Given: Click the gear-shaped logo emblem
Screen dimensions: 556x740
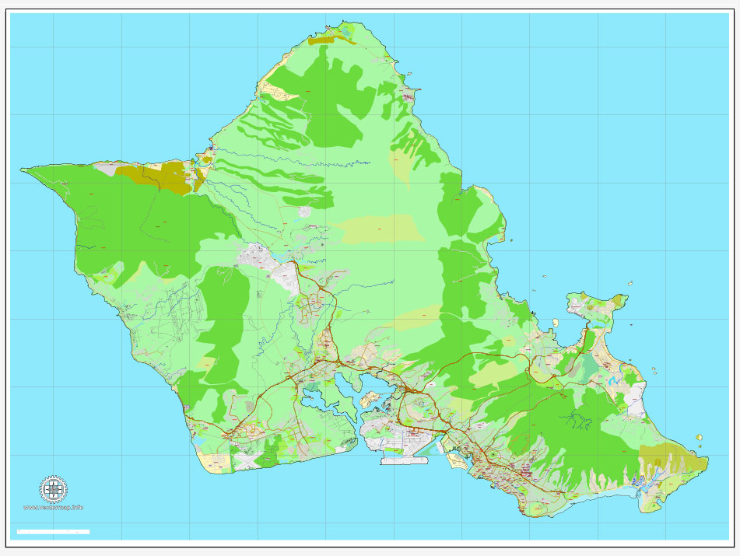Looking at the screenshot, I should (x=53, y=490).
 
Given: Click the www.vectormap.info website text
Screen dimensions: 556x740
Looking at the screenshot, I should (x=53, y=508).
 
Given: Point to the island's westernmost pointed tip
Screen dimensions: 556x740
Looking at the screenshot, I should (x=23, y=169).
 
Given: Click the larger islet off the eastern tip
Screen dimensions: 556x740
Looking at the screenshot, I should (x=700, y=439).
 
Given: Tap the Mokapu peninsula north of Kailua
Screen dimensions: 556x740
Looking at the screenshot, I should (x=595, y=303).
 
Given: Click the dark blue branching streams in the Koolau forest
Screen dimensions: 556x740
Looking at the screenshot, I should (x=577, y=421).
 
